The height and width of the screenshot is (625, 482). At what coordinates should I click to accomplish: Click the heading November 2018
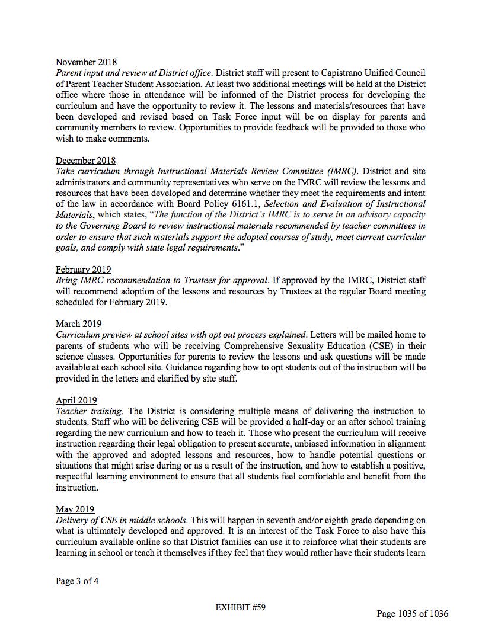[x=86, y=62]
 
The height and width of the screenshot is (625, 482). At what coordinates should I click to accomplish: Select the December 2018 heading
[x=85, y=160]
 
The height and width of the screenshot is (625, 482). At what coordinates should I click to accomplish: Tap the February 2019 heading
[x=83, y=269]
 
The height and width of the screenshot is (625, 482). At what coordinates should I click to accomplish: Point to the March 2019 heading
[x=78, y=323]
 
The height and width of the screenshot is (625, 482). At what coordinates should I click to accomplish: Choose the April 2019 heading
[x=76, y=400]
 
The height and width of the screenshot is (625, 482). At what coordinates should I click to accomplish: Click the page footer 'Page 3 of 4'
[x=77, y=581]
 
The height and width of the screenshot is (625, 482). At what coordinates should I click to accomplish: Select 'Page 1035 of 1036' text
[x=412, y=613]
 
